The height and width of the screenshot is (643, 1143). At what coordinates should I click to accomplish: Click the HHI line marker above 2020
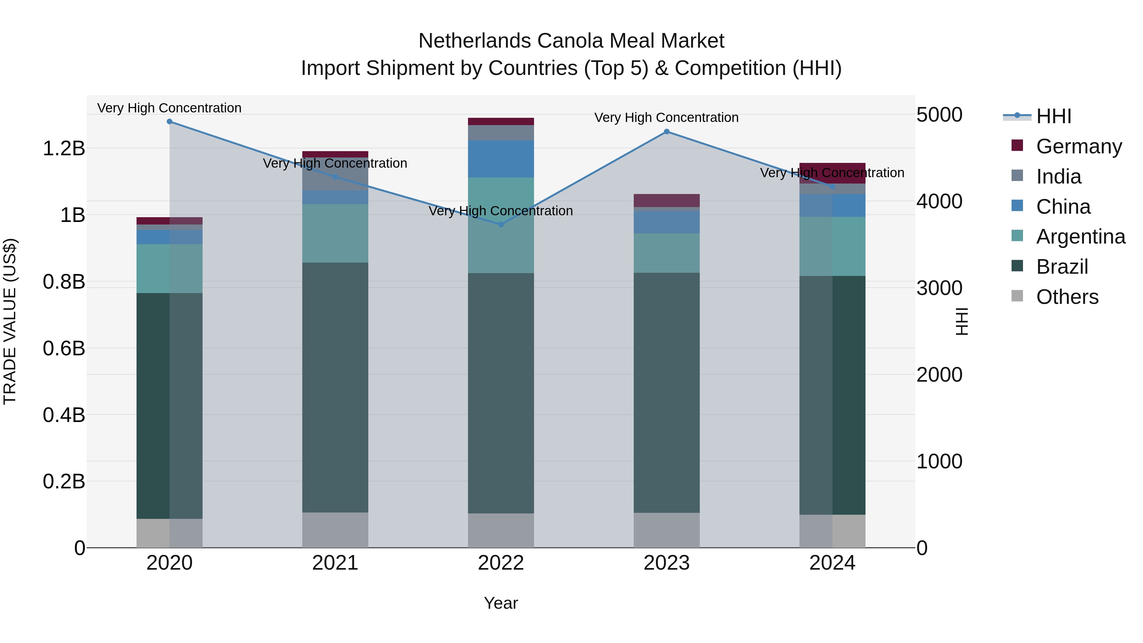point(170,122)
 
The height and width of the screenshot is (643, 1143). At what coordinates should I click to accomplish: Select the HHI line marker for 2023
point(666,131)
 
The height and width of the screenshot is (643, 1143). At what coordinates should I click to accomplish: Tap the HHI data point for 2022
point(501,224)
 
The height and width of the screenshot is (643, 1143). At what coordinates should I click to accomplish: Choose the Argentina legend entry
point(1080,237)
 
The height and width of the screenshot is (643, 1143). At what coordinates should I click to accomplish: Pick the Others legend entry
point(1067,297)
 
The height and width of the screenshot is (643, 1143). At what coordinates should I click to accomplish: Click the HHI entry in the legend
point(1053,116)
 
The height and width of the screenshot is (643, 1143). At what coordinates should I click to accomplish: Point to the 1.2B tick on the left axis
point(64,148)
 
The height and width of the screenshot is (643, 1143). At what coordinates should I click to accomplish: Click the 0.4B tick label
point(64,415)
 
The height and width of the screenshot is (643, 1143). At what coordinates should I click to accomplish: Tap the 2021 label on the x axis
point(335,563)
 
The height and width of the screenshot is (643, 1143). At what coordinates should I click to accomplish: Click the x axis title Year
point(501,603)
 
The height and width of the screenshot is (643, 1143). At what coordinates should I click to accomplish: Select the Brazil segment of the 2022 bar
point(501,393)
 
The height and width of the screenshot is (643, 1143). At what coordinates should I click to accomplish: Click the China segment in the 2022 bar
point(501,159)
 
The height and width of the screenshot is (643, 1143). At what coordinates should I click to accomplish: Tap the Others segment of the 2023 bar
point(666,530)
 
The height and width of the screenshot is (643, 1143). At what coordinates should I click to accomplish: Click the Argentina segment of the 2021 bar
point(335,233)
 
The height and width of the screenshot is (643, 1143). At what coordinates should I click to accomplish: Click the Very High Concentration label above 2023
point(666,117)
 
